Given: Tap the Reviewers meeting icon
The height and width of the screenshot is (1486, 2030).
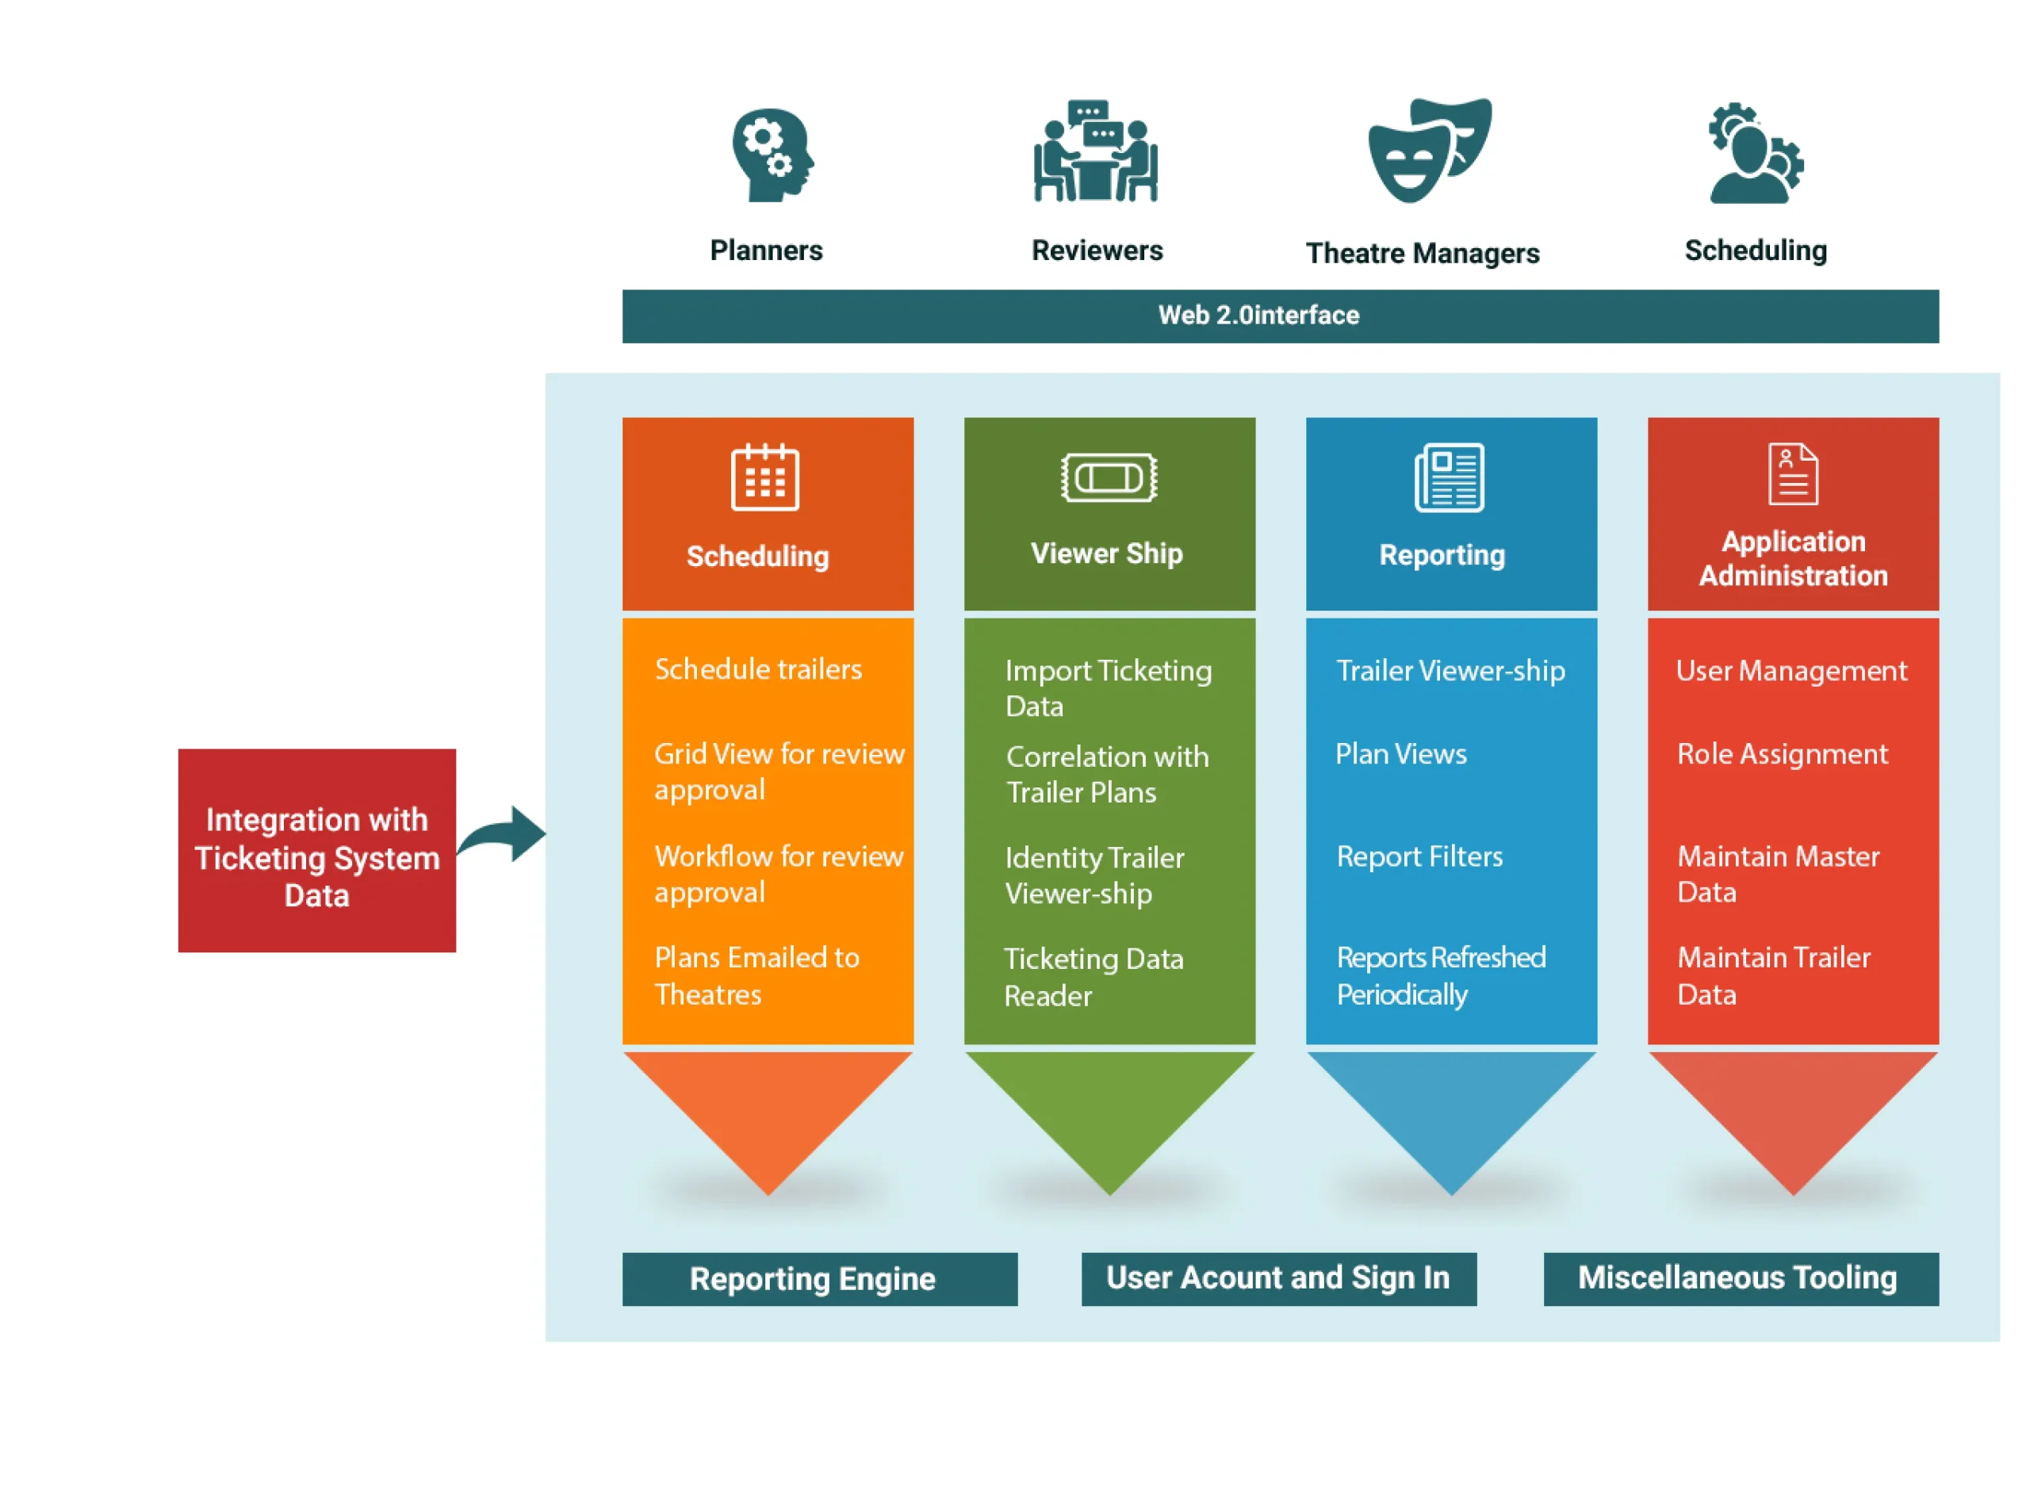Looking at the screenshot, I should [1096, 151].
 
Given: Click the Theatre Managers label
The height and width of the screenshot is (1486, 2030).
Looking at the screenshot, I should [1423, 254].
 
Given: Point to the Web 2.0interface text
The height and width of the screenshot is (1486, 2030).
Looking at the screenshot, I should [1258, 316].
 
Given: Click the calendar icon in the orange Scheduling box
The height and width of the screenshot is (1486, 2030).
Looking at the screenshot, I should [764, 477].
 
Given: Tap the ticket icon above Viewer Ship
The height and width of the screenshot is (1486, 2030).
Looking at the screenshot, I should [1109, 477].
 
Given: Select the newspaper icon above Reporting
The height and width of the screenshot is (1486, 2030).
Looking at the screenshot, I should [1449, 477].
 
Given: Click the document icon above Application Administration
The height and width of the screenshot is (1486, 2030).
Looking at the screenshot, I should [1793, 474].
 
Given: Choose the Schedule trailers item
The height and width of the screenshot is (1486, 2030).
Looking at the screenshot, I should [758, 670].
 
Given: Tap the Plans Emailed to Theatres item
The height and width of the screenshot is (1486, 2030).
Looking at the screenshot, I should [756, 977].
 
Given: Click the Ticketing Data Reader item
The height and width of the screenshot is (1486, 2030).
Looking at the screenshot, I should [1093, 978].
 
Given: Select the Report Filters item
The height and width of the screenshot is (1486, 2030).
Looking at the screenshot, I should [1419, 857].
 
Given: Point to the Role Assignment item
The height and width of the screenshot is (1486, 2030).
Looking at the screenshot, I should [1782, 755].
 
